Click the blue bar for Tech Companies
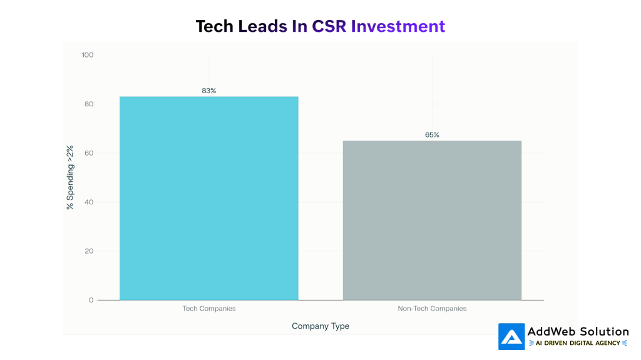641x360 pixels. pos(208,198)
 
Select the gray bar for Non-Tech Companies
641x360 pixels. pos(432,220)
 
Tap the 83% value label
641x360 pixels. pos(208,91)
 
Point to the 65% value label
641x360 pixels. pos(432,134)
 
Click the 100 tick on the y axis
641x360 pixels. pos(88,55)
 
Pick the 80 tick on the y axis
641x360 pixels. pos(89,104)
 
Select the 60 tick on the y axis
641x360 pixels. pos(89,153)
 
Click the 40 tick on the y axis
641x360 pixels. pos(89,202)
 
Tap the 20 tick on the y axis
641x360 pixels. pos(89,251)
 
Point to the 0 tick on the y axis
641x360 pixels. pos(91,300)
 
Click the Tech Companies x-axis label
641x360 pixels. pos(208,309)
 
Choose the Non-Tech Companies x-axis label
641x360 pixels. pos(432,309)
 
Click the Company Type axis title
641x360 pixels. pos(320,326)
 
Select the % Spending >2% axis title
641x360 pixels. pos(70,177)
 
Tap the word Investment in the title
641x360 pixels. pos(397,26)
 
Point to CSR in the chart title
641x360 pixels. pos(329,26)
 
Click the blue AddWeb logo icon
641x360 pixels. pos(511,336)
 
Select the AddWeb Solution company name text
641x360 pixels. pos(578,332)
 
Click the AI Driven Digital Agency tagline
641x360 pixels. pos(578,343)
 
